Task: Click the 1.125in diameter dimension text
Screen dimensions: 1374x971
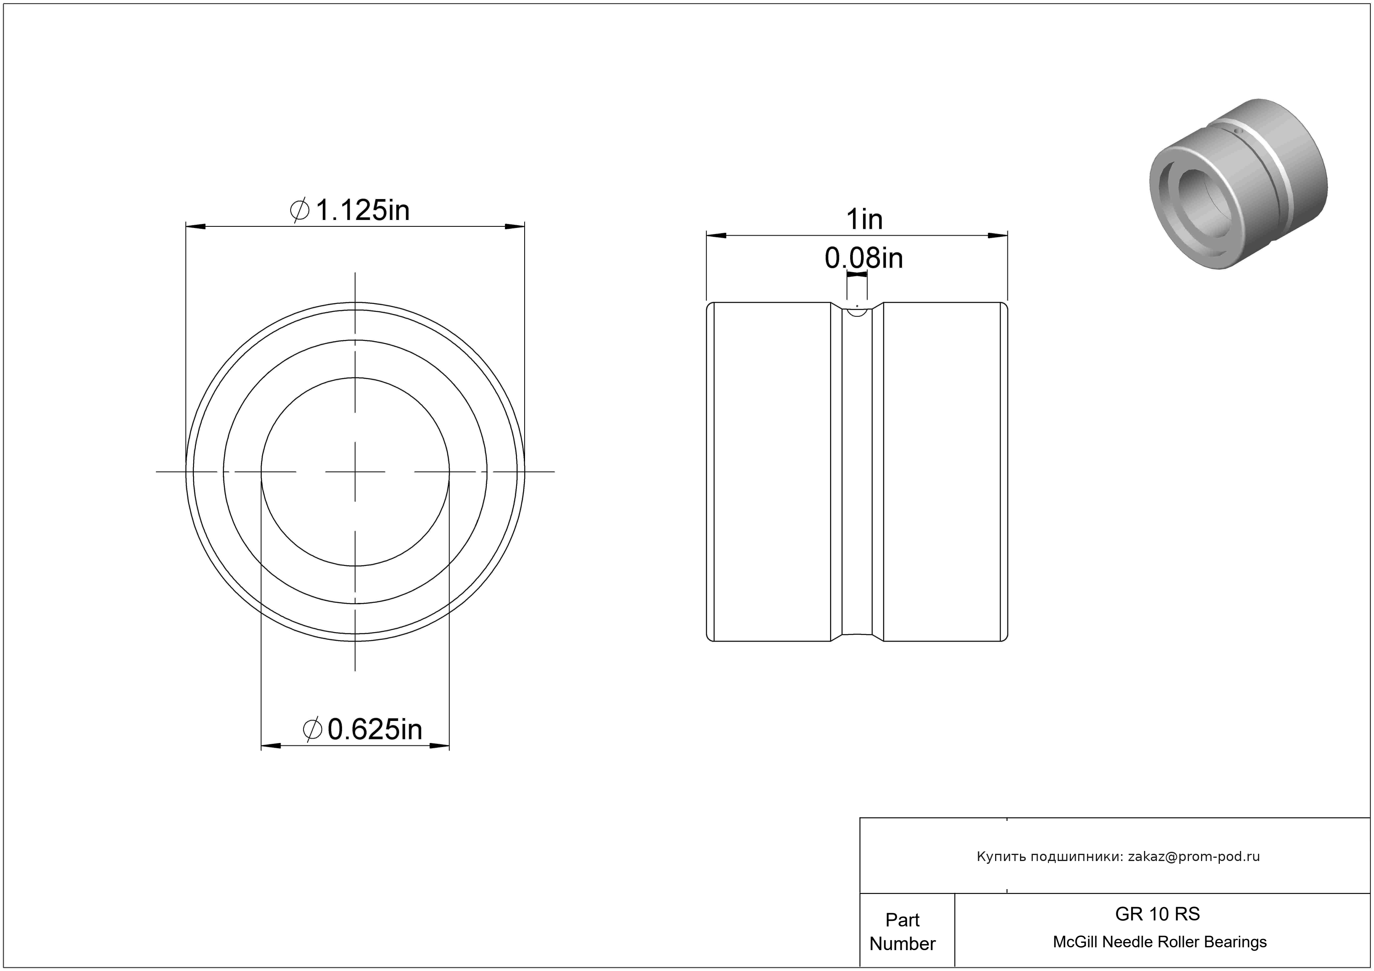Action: click(x=350, y=210)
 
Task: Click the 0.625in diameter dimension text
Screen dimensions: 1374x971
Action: click(x=362, y=729)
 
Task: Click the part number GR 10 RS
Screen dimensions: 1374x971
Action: click(x=1157, y=914)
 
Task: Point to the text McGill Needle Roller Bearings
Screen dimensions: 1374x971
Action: click(x=1160, y=942)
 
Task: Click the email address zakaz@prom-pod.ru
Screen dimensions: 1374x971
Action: click(x=1194, y=857)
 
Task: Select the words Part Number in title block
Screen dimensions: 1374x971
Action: click(x=902, y=932)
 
